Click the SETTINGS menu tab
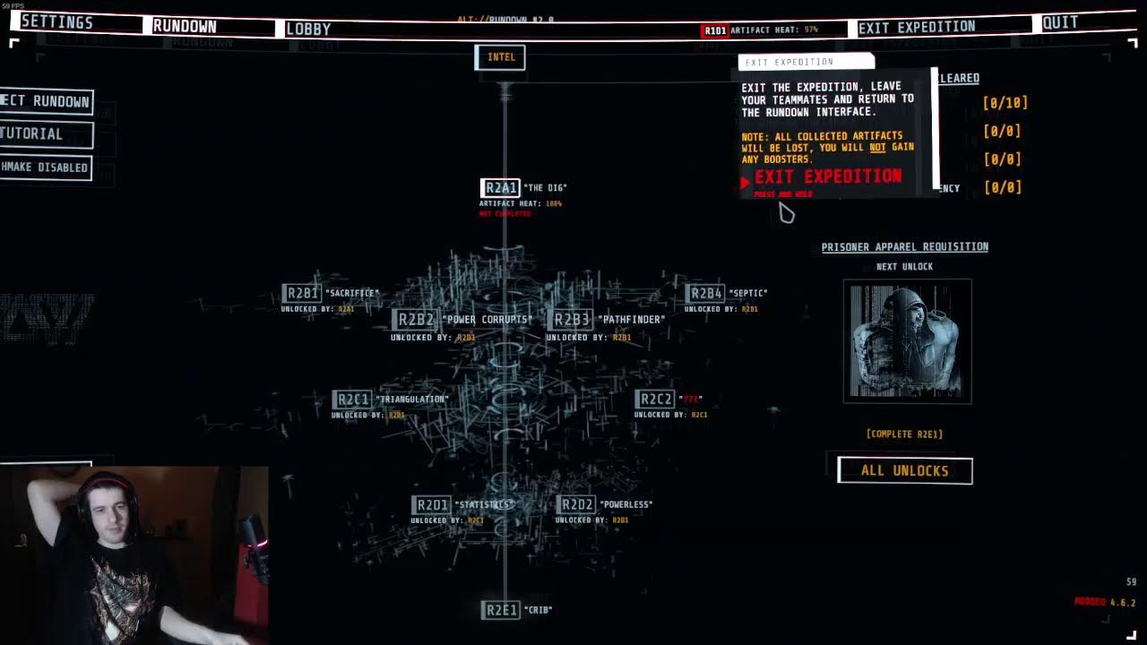[x=56, y=22]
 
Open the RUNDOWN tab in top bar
[x=185, y=26]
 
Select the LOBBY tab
[x=308, y=29]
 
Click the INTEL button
[x=500, y=57]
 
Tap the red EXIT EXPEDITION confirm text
[x=828, y=176]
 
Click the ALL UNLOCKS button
[x=904, y=470]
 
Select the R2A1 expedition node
[x=501, y=187]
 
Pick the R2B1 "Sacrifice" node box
[x=302, y=293]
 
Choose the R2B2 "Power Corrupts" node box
[x=416, y=319]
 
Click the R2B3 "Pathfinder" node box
[x=572, y=319]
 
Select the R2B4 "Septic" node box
[x=705, y=293]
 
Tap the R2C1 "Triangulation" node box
[x=351, y=399]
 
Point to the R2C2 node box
[x=654, y=399]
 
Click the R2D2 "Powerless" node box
[x=576, y=504]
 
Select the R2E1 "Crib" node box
[x=501, y=610]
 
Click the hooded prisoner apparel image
[x=907, y=340]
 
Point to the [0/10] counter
[x=1005, y=103]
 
